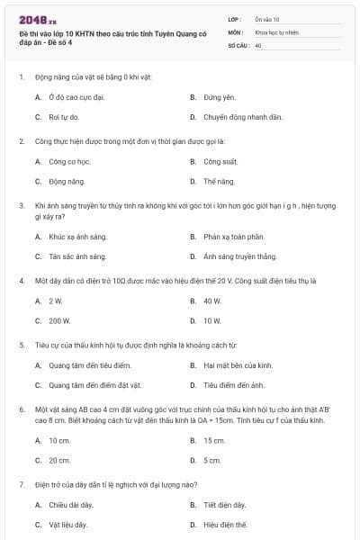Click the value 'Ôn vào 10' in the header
tap(267, 19)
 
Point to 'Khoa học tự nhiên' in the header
tap(276, 31)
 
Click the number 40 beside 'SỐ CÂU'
tap(258, 43)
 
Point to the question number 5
tap(21, 344)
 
